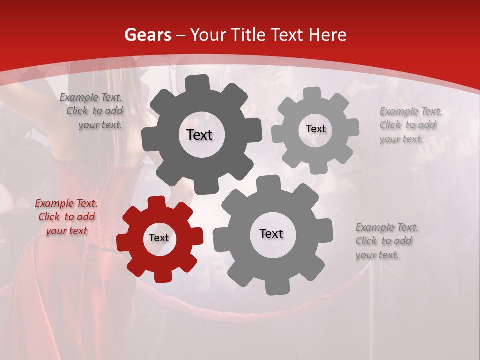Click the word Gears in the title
point(147,35)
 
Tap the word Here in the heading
point(328,35)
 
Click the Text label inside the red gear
point(159,238)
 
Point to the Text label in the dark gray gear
point(199,135)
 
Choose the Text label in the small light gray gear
point(315,129)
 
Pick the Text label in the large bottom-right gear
point(271,233)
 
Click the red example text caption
point(66,217)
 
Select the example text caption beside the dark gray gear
point(91,111)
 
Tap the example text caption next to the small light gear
point(410,125)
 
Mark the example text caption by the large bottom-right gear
point(387,241)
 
